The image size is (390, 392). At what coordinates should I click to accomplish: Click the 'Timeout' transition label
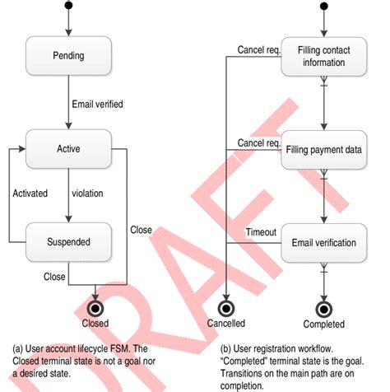[x=260, y=233]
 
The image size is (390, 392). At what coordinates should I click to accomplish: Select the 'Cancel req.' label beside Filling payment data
[x=259, y=143]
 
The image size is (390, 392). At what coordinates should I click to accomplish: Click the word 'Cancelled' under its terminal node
[x=226, y=324]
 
